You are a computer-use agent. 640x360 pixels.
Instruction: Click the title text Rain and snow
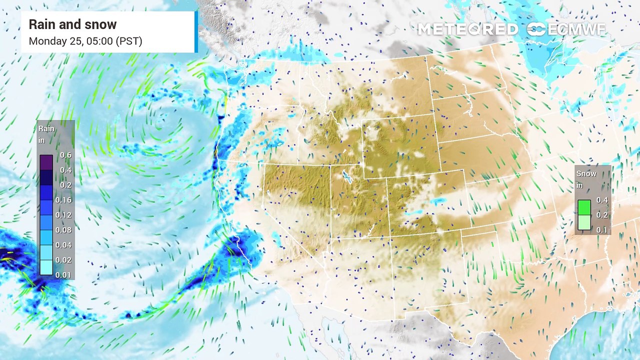click(x=72, y=24)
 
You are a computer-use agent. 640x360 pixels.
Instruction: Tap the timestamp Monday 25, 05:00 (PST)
click(x=85, y=41)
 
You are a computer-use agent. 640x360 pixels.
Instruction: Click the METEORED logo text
click(x=467, y=29)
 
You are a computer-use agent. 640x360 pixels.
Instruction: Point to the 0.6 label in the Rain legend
click(x=65, y=155)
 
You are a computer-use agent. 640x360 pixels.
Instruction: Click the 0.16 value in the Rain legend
click(x=65, y=200)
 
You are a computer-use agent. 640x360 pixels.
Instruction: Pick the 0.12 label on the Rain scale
click(x=65, y=215)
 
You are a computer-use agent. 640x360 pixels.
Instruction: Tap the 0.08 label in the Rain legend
click(x=65, y=230)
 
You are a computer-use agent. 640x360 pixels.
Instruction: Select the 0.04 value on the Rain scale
click(x=65, y=245)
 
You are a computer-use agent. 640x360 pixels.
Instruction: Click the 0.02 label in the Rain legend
click(x=65, y=260)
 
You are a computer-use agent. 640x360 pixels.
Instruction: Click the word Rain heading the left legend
click(x=46, y=129)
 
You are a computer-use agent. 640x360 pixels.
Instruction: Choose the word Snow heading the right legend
click(x=586, y=174)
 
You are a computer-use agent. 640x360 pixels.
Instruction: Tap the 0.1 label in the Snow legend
click(x=602, y=229)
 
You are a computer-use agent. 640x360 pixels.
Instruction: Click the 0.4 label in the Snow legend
click(x=602, y=200)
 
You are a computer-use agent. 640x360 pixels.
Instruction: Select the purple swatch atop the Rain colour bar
click(x=46, y=162)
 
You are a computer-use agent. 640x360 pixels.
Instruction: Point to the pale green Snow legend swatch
click(x=584, y=222)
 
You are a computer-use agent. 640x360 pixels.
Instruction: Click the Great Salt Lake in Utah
click(x=345, y=176)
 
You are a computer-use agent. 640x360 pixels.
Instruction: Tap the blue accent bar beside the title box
click(x=196, y=32)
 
